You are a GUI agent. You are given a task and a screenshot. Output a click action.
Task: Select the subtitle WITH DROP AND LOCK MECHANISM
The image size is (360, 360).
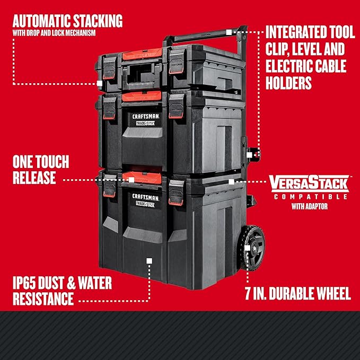point(54,33)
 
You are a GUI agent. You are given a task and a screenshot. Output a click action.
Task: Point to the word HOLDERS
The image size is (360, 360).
point(288,83)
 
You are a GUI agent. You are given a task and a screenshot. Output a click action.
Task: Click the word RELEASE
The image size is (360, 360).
point(34,178)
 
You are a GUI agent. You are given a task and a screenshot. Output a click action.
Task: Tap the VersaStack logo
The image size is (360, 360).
point(309,183)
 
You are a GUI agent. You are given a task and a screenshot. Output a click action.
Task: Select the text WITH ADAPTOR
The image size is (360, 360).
point(310,206)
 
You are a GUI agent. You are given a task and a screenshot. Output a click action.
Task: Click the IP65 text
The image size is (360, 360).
point(24,283)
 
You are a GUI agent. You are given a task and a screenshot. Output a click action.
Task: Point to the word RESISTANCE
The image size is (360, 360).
point(43,298)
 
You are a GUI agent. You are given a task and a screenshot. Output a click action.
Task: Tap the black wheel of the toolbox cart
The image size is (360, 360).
point(252,248)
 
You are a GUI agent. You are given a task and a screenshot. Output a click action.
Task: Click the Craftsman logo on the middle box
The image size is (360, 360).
point(146,119)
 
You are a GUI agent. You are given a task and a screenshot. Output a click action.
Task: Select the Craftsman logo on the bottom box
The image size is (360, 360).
point(146,200)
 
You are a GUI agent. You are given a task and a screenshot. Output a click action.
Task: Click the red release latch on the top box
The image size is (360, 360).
point(142,54)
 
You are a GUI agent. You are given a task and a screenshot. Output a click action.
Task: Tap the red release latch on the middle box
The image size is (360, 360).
point(142,96)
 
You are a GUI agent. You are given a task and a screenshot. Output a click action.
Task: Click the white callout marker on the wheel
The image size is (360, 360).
point(247,248)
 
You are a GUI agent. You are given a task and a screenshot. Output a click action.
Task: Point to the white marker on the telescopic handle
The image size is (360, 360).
point(229,32)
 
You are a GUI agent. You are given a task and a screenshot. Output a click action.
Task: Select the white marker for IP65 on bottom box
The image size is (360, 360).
point(149,261)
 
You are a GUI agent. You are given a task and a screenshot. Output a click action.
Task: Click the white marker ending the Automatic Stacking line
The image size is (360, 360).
point(100,83)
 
